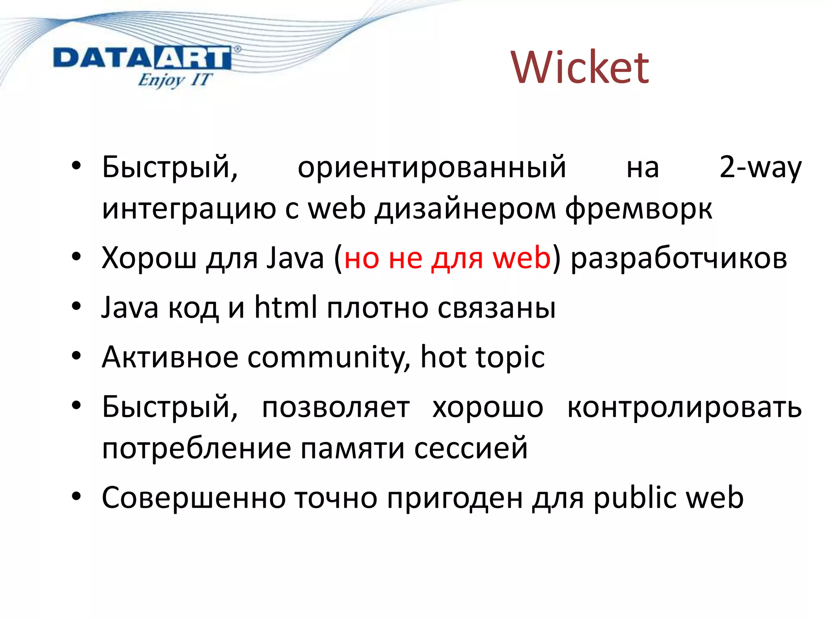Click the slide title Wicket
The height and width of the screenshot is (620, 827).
580,68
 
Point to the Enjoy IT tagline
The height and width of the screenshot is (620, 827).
174,80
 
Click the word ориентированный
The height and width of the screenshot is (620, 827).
432,167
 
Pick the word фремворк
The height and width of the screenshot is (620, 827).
638,209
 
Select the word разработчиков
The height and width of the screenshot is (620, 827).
679,258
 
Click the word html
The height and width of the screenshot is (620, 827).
285,307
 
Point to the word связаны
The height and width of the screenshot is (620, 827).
497,308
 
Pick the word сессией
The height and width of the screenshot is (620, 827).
471,448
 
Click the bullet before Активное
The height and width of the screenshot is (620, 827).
77,356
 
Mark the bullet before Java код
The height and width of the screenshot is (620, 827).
77,306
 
